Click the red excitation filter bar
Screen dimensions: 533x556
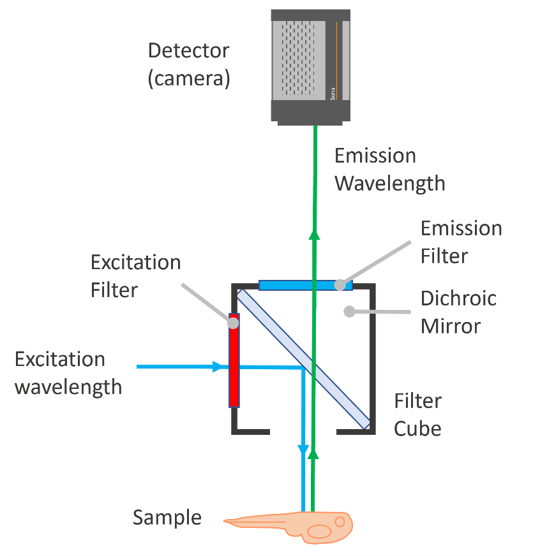234,360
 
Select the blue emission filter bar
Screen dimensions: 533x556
305,285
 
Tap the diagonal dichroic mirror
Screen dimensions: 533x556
304,359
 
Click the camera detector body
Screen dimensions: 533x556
311,68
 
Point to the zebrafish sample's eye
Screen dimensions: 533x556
340,522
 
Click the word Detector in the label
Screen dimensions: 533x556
188,50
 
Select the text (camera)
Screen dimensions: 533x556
189,78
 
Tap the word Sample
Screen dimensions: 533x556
167,518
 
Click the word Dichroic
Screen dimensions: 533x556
458,298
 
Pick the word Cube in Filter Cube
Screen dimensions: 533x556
417,428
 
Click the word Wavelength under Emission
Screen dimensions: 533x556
389,184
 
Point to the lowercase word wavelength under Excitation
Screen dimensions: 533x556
68,387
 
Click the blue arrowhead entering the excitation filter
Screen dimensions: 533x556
217,367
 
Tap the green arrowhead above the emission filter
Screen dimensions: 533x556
314,235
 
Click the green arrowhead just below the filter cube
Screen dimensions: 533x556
313,455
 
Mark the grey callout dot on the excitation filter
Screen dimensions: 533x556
233,323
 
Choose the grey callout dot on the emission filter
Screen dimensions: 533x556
340,284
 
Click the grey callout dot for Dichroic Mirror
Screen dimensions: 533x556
349,311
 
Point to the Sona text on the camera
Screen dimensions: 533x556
333,94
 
